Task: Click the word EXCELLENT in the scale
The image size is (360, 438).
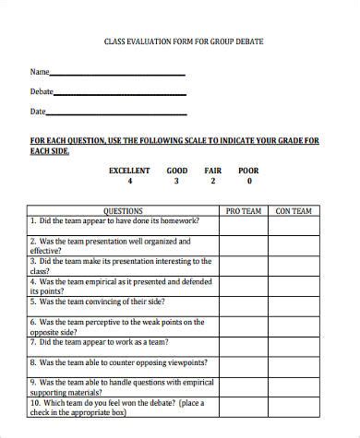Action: pyautogui.click(x=129, y=171)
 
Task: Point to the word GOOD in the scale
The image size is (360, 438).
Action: pyautogui.click(x=176, y=171)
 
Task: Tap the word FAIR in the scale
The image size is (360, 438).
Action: pyautogui.click(x=213, y=171)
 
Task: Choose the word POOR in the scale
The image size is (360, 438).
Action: pyautogui.click(x=248, y=171)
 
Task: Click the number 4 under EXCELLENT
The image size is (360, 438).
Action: pyautogui.click(x=129, y=182)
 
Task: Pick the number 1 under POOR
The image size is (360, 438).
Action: pyautogui.click(x=248, y=182)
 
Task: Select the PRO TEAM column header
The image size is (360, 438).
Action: pyautogui.click(x=244, y=211)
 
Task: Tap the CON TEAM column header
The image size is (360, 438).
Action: pyautogui.click(x=294, y=211)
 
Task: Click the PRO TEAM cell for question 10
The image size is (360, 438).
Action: pyautogui.click(x=244, y=408)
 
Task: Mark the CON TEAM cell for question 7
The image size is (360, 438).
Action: pyautogui.click(x=294, y=346)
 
